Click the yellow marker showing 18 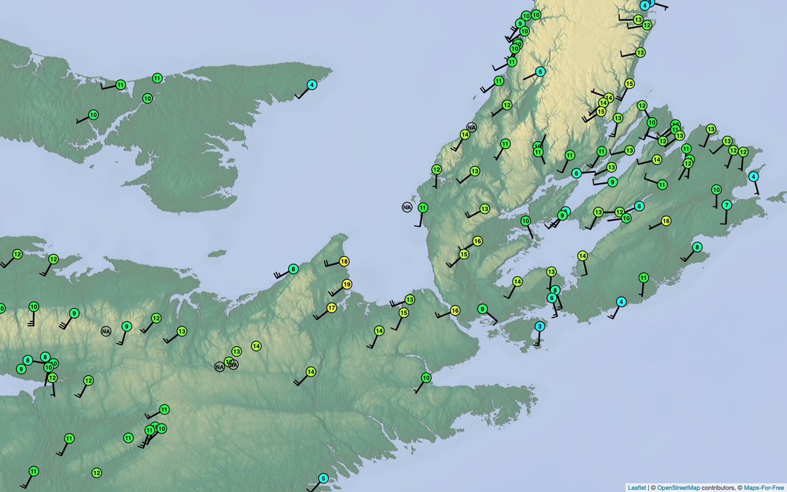[344, 262]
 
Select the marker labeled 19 [347, 285]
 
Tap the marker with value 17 [332, 308]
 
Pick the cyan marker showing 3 [540, 326]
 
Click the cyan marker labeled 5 [323, 478]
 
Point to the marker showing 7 [726, 205]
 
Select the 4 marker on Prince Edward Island [312, 85]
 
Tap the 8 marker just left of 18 [293, 268]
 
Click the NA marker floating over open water [407, 207]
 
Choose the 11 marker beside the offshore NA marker [423, 208]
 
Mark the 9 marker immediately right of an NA [127, 325]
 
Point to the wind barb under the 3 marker [538, 339]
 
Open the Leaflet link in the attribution [636, 487]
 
